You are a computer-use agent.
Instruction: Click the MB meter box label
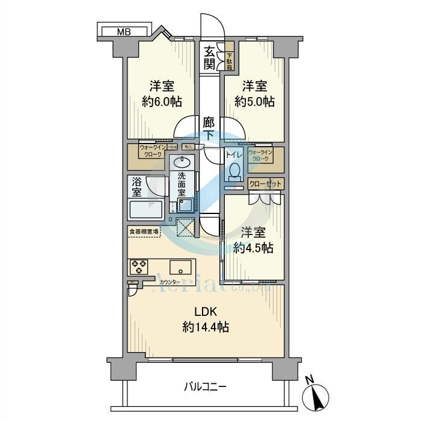pyautogui.click(x=124, y=31)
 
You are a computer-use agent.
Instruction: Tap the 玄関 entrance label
pyautogui.click(x=209, y=58)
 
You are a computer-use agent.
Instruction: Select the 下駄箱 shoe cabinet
pyautogui.click(x=230, y=58)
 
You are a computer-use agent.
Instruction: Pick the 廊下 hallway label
pyautogui.click(x=209, y=129)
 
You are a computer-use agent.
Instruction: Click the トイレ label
pyautogui.click(x=234, y=156)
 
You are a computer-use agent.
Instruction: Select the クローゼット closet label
pyautogui.click(x=265, y=183)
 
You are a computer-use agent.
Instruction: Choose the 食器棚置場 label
pyautogui.click(x=143, y=230)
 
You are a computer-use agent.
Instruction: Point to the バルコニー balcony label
pyautogui.click(x=205, y=386)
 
